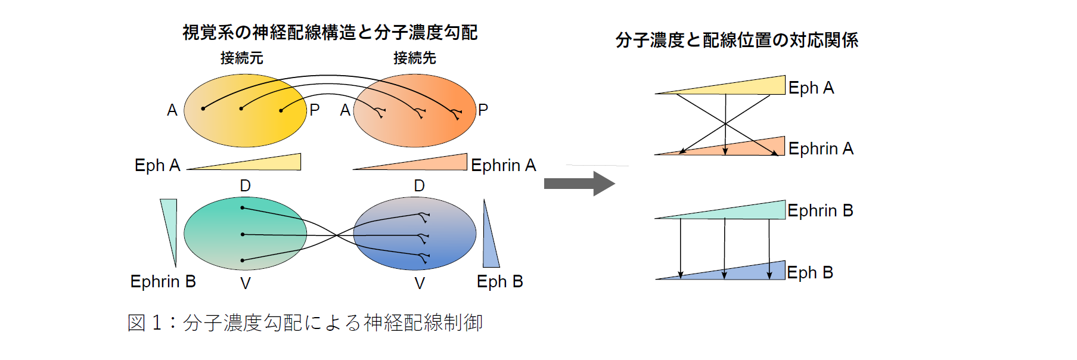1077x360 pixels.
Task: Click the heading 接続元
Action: (x=241, y=58)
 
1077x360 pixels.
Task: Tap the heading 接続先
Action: (x=414, y=58)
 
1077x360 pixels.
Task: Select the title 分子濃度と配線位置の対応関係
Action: (x=737, y=40)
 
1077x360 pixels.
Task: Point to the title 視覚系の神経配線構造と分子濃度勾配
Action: (x=330, y=32)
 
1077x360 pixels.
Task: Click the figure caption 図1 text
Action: (x=305, y=322)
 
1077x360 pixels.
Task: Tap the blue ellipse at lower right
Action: (x=415, y=234)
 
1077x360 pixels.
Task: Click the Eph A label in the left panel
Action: (x=157, y=165)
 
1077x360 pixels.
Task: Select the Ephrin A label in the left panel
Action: (x=503, y=165)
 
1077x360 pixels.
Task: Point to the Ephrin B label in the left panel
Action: (x=163, y=281)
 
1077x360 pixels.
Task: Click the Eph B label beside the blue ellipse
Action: (x=499, y=281)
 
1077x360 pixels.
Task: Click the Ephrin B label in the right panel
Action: (x=820, y=210)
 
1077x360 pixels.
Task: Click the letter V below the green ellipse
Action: (x=245, y=284)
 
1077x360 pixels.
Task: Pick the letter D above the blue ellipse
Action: (x=419, y=186)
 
